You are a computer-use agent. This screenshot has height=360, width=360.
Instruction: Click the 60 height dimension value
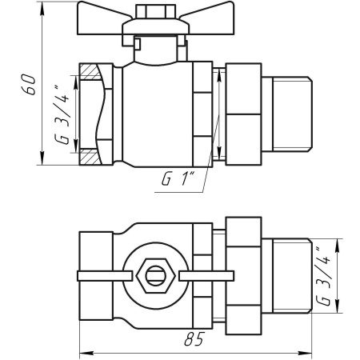pos(28,84)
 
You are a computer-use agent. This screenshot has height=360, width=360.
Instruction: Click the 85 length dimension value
pos(191,340)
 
